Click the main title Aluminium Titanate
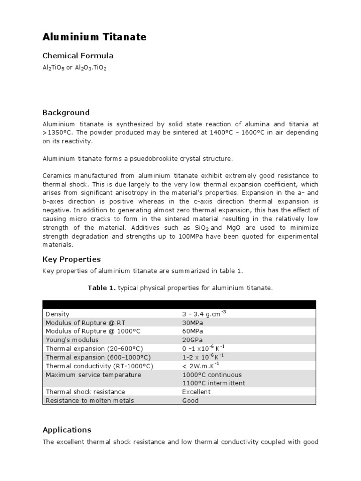[94, 37]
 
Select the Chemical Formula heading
[78, 56]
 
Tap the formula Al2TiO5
[53, 68]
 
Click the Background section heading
[66, 113]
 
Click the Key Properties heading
[71, 259]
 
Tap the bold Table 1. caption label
[102, 287]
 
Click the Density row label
[57, 314]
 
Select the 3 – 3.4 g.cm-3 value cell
[204, 314]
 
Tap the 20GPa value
[191, 340]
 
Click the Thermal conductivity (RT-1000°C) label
[99, 366]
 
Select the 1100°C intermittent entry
[213, 383]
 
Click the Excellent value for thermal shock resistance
[196, 392]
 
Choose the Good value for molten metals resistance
[190, 401]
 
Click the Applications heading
[67, 430]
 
